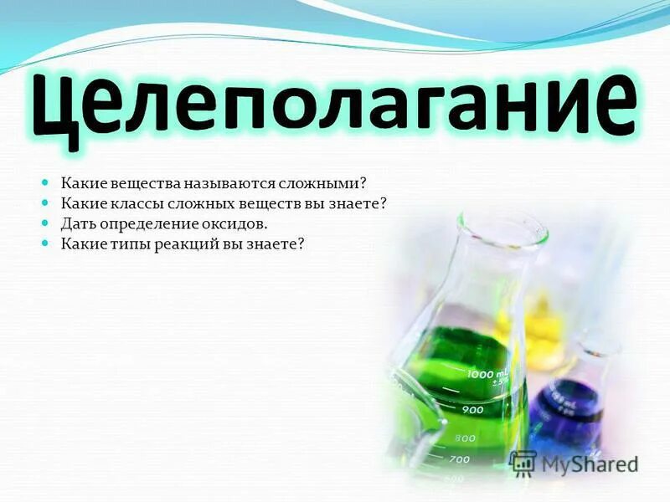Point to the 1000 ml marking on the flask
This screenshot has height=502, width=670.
coord(487,374)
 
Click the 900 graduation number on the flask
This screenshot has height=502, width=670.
coord(472,410)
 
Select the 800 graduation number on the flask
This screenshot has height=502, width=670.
coord(465,438)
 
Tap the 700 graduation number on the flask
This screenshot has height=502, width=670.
coord(459,459)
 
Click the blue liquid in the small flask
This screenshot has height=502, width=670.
coord(565,410)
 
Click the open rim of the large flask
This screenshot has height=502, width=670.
coord(501,224)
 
